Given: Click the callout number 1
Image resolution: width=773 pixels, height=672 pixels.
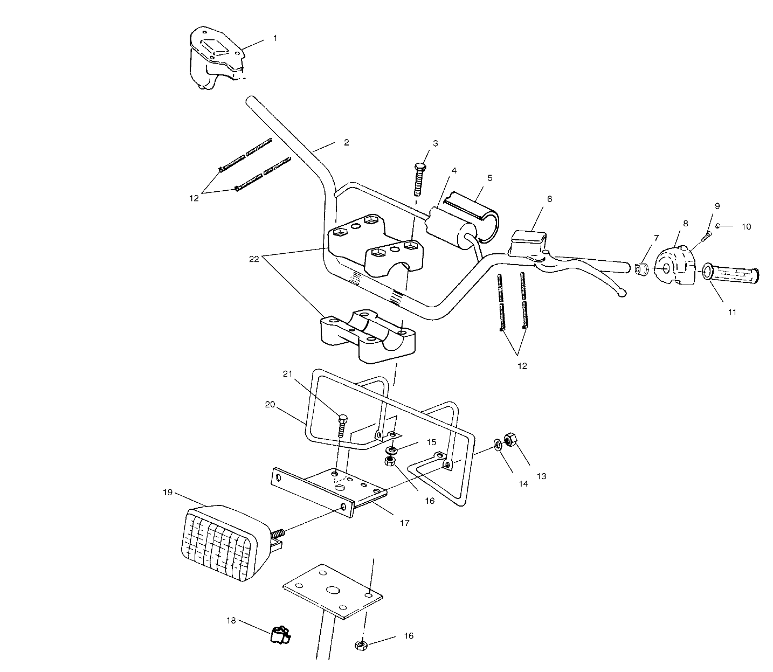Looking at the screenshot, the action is pos(275,38).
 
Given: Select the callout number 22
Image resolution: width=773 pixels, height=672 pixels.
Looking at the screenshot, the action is pos(254,259).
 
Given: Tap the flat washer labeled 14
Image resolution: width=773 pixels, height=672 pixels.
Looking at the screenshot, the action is pos(498,445).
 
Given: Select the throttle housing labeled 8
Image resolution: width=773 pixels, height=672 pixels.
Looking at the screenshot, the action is pos(675,265).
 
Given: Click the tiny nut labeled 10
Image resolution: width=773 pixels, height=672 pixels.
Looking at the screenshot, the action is pos(717,226).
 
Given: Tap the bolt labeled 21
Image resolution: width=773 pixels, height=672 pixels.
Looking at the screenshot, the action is pos(342,425).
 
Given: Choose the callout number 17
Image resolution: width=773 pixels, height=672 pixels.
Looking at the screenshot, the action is pos(405,523).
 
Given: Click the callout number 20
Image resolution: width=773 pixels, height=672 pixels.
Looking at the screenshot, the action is pos(270,405).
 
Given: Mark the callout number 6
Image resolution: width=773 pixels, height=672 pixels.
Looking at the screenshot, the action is pos(549,199).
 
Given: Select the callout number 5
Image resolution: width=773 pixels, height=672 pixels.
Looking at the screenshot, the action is pos(489,178).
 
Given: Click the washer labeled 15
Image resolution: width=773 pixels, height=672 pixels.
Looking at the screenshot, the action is pos(392,450).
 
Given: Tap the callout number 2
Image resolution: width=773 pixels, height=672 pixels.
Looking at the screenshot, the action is pos(347,142).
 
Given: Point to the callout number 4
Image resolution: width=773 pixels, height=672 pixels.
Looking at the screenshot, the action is pos(454,171).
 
